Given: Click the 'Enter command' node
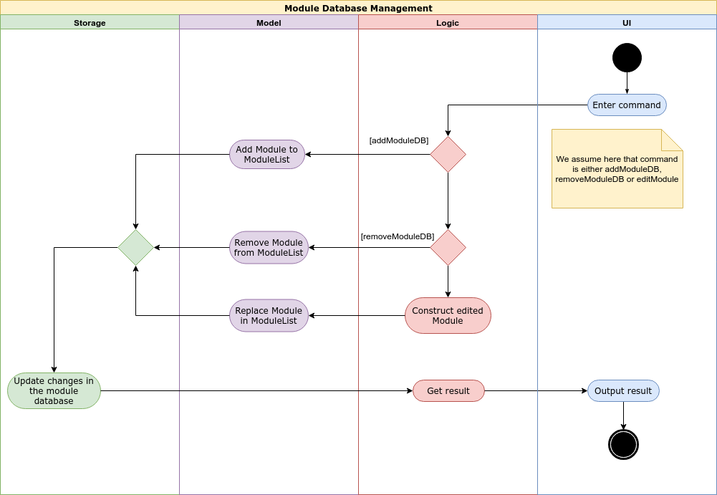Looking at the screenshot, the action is pyautogui.click(x=627, y=105).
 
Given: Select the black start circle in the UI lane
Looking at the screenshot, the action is pyautogui.click(x=627, y=57).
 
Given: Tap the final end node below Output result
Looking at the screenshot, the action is pyautogui.click(x=623, y=444).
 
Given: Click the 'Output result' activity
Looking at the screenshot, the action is pyautogui.click(x=623, y=390).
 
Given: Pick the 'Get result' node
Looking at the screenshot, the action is pyautogui.click(x=448, y=390).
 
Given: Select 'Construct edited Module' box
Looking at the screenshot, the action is pyautogui.click(x=448, y=315).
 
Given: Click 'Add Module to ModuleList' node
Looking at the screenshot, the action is pyautogui.click(x=267, y=154).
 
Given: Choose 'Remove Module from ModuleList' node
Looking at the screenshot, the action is pyautogui.click(x=269, y=248).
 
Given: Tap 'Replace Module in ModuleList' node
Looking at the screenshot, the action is pyautogui.click(x=269, y=315).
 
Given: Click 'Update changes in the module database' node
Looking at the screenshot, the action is pyautogui.click(x=54, y=390).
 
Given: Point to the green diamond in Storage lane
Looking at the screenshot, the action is pyautogui.click(x=135, y=248).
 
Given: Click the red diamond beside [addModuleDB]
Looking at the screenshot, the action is pyautogui.click(x=448, y=154).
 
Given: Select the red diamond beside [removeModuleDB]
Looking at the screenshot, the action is pyautogui.click(x=448, y=248).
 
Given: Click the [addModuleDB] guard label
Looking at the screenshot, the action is pyautogui.click(x=399, y=140).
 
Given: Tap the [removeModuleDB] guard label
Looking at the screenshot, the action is pyautogui.click(x=398, y=236).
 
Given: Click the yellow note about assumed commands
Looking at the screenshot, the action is pyautogui.click(x=617, y=169).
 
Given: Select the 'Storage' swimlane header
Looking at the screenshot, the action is pyautogui.click(x=90, y=22).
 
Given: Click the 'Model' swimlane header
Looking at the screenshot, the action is pyautogui.click(x=269, y=22).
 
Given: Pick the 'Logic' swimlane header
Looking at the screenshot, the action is pyautogui.click(x=448, y=22).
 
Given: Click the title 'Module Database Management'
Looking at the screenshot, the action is pyautogui.click(x=358, y=8).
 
